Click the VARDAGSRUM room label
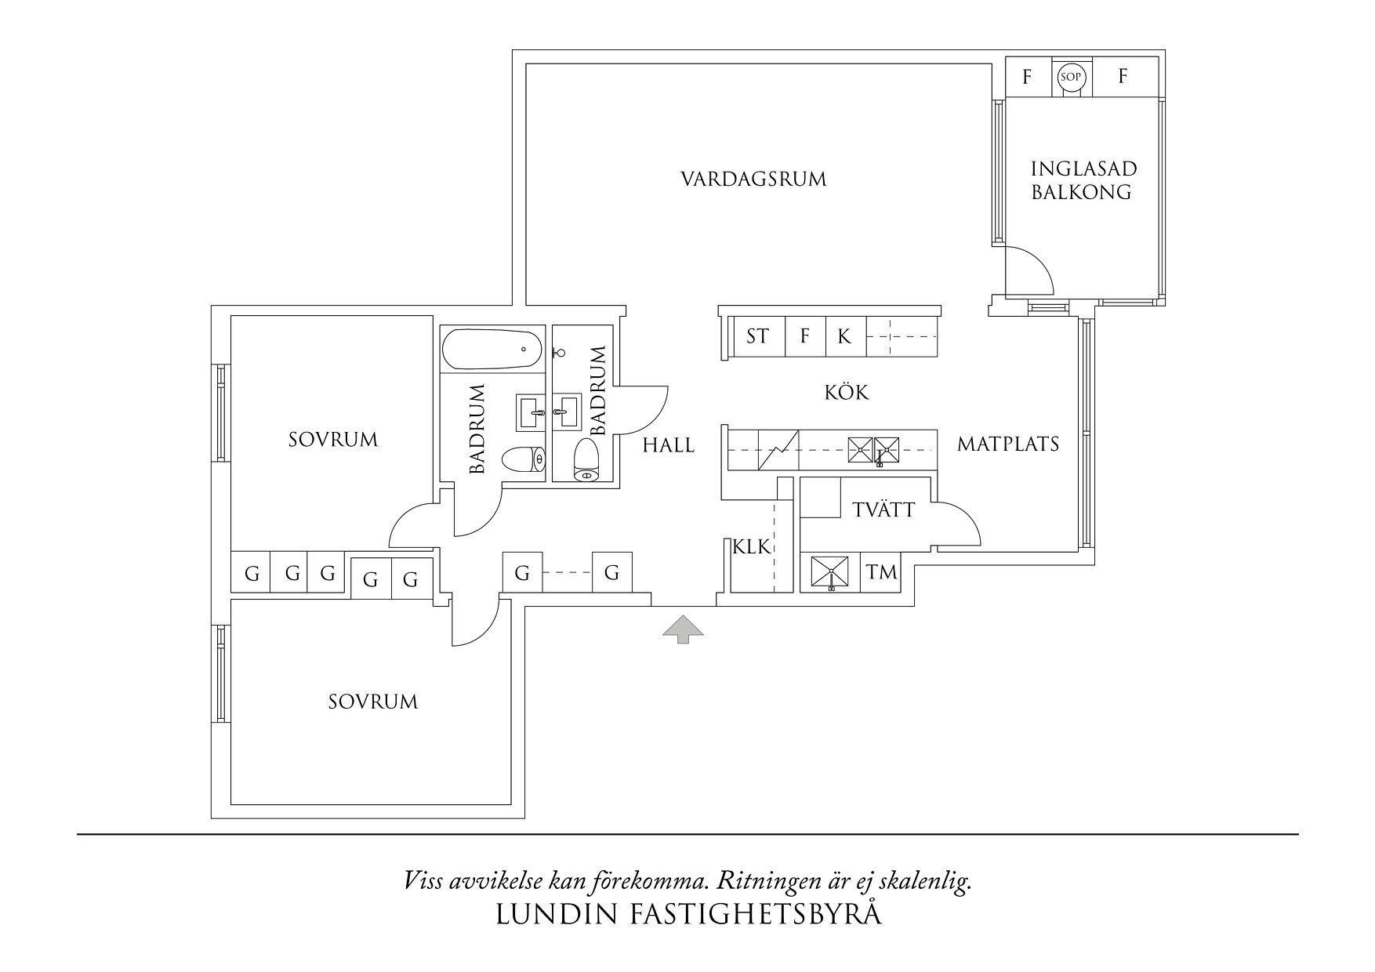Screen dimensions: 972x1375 click(753, 180)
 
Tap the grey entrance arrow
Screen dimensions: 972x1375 click(683, 629)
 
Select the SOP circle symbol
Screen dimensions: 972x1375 click(1070, 77)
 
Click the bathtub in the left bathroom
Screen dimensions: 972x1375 click(492, 349)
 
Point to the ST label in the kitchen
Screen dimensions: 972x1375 click(757, 337)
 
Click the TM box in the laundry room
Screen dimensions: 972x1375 click(882, 573)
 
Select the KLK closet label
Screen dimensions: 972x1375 click(753, 547)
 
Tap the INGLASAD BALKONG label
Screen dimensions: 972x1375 click(1083, 180)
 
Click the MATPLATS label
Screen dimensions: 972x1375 click(1008, 444)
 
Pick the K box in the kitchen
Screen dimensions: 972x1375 click(844, 337)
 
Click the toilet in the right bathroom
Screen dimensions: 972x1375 click(586, 461)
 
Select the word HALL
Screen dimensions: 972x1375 click(669, 446)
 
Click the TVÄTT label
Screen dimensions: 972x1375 click(883, 510)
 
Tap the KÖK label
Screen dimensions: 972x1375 click(847, 392)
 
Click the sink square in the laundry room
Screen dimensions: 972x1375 click(830, 573)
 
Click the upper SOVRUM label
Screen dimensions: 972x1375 click(333, 440)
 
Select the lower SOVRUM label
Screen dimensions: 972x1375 click(373, 702)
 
